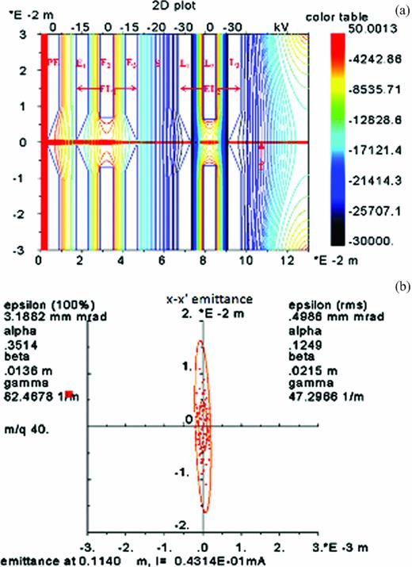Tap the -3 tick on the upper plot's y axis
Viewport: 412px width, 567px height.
tap(25, 250)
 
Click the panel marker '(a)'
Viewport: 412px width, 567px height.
tap(401, 7)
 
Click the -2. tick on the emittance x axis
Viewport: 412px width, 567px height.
tap(124, 547)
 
